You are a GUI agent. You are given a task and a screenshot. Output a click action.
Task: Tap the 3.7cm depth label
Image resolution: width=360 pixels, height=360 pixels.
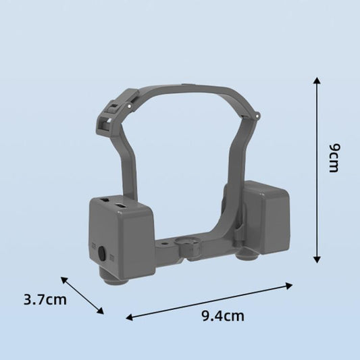click(x=45, y=299)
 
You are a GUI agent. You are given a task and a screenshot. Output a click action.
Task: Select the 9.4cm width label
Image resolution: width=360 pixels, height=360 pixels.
click(x=224, y=315)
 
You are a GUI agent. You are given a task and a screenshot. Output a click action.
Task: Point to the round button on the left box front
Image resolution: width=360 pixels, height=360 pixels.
click(x=102, y=254)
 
